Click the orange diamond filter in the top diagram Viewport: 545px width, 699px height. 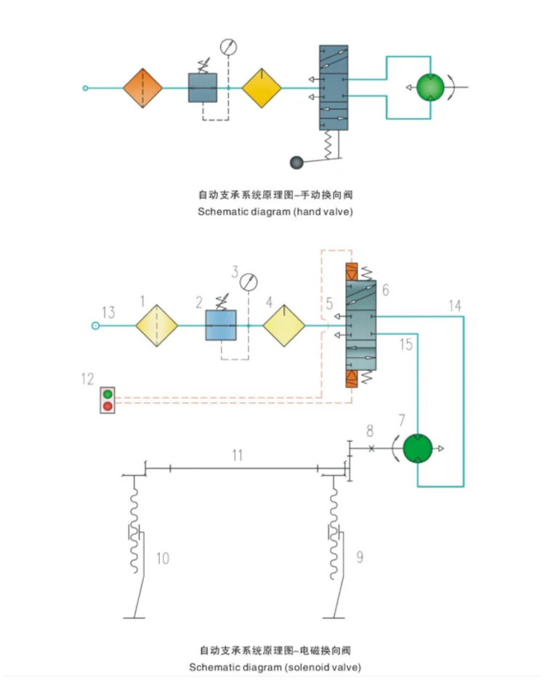pyautogui.click(x=142, y=88)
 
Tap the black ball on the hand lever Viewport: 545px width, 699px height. pyautogui.click(x=296, y=162)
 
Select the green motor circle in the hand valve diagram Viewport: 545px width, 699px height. pyautogui.click(x=430, y=87)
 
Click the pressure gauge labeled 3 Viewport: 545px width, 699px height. pyautogui.click(x=249, y=283)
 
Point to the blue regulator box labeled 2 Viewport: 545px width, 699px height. pyautogui.click(x=221, y=326)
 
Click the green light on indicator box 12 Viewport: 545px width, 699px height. pyautogui.click(x=108, y=395)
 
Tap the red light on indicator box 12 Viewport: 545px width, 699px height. pyautogui.click(x=108, y=406)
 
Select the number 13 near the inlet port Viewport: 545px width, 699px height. pyautogui.click(x=108, y=312)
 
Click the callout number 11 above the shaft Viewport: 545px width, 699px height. pyautogui.click(x=238, y=455)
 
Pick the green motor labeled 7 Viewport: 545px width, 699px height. pyautogui.click(x=417, y=448)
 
